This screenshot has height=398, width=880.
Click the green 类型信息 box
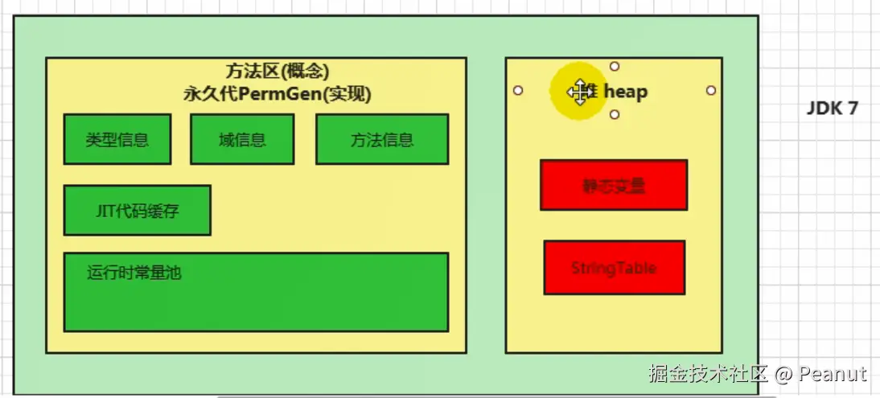click(117, 140)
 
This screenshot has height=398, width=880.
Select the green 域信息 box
click(242, 140)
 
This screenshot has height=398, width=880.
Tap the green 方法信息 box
click(382, 140)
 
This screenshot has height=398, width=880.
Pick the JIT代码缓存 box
click(138, 211)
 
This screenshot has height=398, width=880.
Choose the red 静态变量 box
click(614, 186)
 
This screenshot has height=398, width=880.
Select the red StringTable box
click(615, 268)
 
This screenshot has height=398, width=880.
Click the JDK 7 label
click(833, 109)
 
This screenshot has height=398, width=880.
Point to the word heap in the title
click(625, 92)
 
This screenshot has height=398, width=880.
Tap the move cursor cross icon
click(578, 92)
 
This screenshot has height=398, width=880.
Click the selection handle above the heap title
click(615, 67)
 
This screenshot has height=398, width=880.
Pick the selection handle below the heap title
click(615, 115)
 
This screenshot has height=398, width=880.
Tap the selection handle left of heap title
click(518, 91)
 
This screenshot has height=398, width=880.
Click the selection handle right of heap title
click(711, 91)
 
